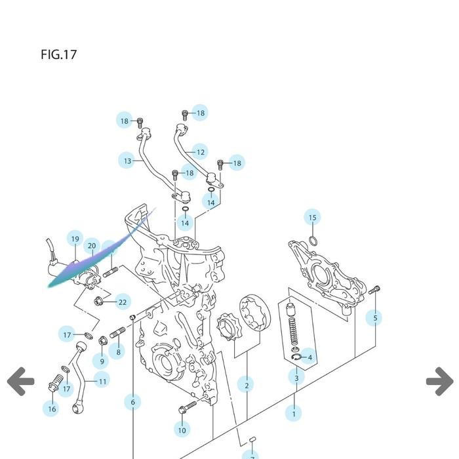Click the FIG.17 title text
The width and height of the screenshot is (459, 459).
(58, 54)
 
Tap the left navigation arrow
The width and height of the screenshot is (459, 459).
(21, 381)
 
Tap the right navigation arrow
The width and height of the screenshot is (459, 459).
(439, 381)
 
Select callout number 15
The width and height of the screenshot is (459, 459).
(313, 218)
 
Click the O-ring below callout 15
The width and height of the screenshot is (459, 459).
(313, 242)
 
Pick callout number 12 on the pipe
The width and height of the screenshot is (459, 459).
(200, 152)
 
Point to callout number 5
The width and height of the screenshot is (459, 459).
(375, 318)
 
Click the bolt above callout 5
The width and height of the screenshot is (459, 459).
(374, 290)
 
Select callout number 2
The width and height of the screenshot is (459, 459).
(247, 385)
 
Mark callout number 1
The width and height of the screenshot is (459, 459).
(294, 414)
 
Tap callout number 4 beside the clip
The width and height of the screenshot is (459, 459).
(309, 357)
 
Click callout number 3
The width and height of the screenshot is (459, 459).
(296, 378)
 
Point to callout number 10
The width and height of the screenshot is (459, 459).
(182, 430)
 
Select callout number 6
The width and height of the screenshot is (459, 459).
(132, 402)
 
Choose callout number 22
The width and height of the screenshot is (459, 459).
(122, 302)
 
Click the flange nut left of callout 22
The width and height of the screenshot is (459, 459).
(100, 302)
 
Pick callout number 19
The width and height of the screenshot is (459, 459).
(75, 239)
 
